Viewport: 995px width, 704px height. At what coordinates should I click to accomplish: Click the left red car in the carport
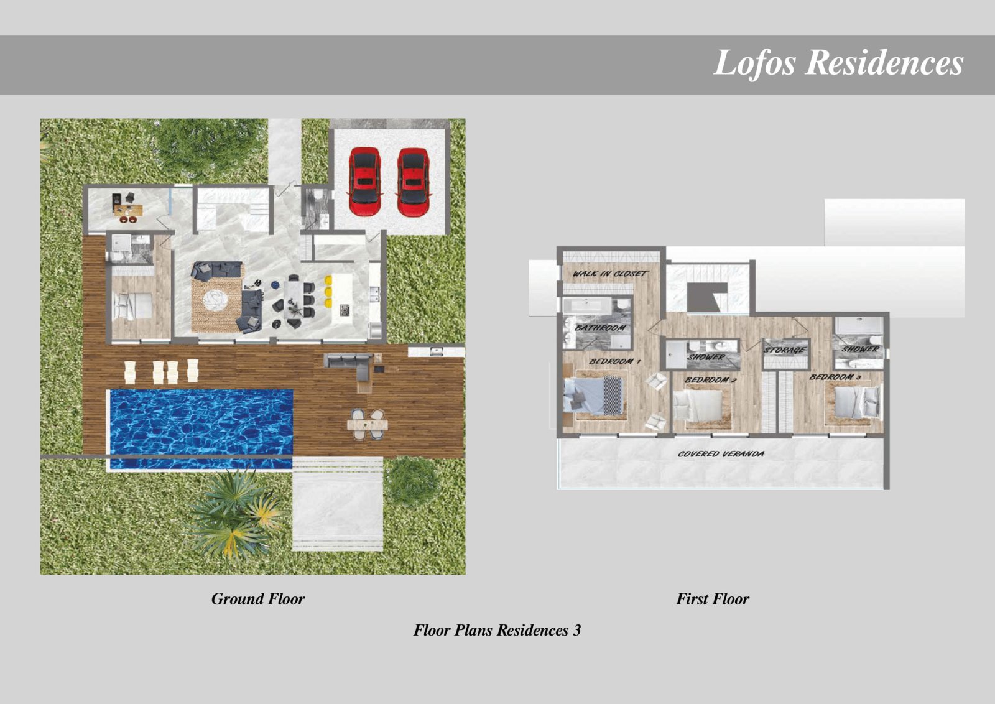coord(364,181)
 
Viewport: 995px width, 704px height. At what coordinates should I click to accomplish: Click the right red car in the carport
coord(413,181)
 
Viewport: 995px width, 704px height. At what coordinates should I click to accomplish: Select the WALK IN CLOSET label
coord(609,274)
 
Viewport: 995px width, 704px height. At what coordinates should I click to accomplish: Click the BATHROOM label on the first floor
coord(600,328)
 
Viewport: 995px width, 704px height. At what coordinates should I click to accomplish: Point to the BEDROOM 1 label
coord(614,361)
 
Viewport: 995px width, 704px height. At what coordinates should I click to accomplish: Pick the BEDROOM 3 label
coord(835,377)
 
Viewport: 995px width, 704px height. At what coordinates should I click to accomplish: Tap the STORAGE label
coord(785,351)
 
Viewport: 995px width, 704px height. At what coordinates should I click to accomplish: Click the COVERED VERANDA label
coord(721,454)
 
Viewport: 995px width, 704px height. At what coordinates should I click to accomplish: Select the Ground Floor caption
coord(257,599)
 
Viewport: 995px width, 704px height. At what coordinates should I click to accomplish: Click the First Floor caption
coord(712,599)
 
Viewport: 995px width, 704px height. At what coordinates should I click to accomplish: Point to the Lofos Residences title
coord(838,63)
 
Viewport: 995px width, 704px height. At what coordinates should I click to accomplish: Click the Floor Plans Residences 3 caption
coord(497,630)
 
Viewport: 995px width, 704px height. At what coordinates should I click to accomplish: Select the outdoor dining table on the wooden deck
coord(368,425)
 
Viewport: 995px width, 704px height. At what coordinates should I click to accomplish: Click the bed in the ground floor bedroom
coord(132,306)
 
